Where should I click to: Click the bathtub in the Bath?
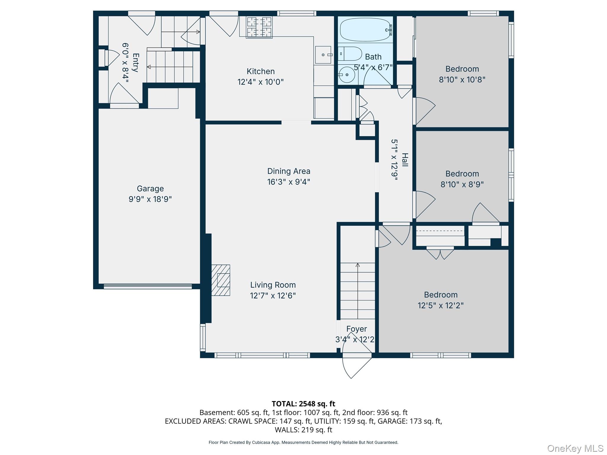pos(366,29)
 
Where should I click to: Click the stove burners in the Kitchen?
pos(259,28)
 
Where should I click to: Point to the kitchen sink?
pos(323,55)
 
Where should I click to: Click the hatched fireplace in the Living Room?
pos(221,280)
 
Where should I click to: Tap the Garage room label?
pos(150,188)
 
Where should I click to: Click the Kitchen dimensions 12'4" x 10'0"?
pos(261,82)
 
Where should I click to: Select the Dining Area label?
pos(289,171)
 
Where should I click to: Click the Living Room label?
pos(273,285)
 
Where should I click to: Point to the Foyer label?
pos(357,329)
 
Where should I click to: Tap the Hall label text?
pos(405,160)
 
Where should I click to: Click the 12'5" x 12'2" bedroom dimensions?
pos(441,305)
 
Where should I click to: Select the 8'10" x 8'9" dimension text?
pos(462,185)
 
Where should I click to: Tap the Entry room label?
pos(135,63)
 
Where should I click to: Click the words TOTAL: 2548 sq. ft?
pos(303,404)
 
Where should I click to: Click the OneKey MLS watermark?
pos(575,448)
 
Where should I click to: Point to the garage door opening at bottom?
pos(148,286)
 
